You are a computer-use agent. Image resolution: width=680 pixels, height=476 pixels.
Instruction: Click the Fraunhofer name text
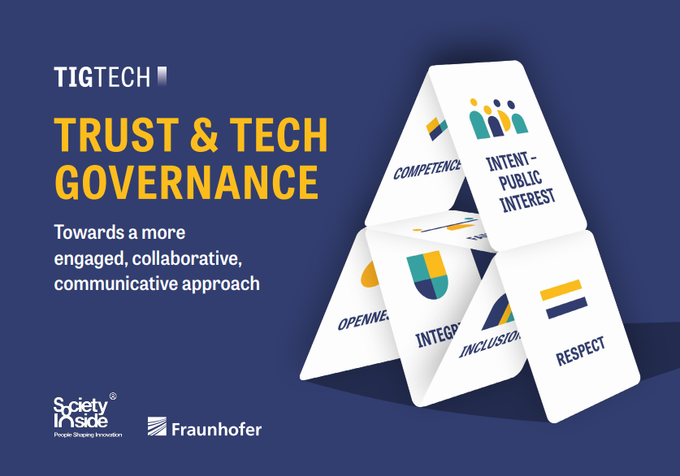coord(217,428)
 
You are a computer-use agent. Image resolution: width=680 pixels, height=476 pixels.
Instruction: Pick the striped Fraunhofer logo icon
coord(158,427)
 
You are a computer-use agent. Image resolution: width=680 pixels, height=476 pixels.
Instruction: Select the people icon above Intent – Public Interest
coord(498,119)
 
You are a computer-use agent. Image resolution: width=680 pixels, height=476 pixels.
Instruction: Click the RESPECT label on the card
coord(581,353)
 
